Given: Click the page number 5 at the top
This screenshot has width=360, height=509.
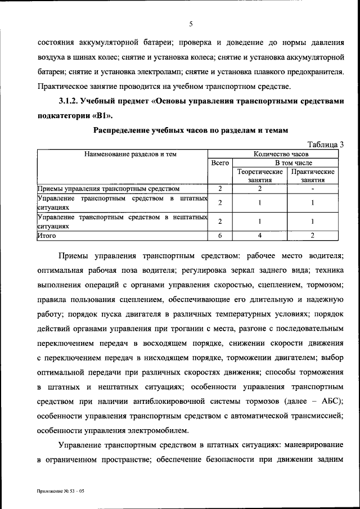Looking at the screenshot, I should [x=191, y=24].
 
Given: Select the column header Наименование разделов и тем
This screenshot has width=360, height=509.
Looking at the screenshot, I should [x=121, y=154].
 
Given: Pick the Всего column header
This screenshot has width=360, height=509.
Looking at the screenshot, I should [x=219, y=163].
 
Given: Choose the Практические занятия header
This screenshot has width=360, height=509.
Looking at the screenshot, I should [x=313, y=176].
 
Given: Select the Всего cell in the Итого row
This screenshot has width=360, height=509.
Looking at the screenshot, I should [x=219, y=236].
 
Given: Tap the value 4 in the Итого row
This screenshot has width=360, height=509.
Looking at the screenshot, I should [x=259, y=236].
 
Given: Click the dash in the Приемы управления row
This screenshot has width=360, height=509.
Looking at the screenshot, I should [x=312, y=189].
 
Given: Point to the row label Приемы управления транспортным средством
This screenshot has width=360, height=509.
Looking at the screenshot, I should [x=108, y=189].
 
